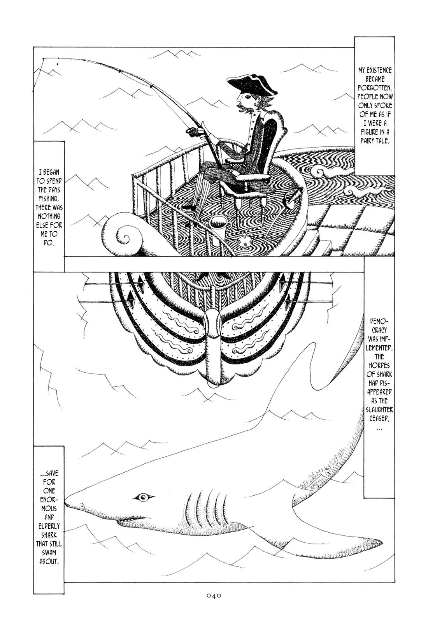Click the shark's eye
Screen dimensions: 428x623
(144, 497)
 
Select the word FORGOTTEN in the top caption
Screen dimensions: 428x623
(375, 88)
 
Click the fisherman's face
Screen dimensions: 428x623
(244, 102)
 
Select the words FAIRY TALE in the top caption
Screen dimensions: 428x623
(375, 141)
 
